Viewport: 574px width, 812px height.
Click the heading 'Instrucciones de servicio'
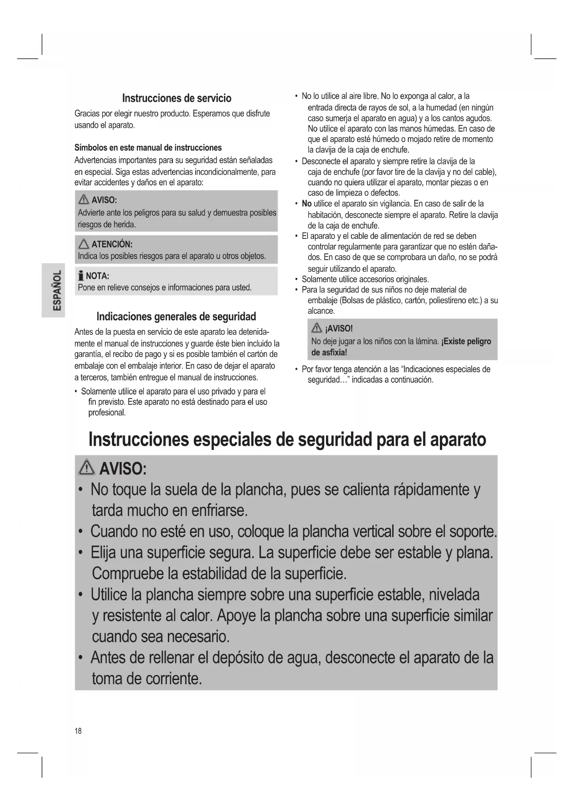[x=176, y=98]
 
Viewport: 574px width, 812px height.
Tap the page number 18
[x=78, y=731]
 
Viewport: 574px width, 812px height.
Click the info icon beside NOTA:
[x=81, y=276]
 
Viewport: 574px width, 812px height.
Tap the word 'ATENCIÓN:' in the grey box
[x=112, y=244]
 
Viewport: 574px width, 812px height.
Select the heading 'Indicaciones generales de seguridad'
[x=176, y=317]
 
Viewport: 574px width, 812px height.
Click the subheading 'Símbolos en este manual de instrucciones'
[x=148, y=148]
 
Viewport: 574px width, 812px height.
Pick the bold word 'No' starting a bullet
[x=307, y=204]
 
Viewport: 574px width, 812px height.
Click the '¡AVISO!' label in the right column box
[x=339, y=329]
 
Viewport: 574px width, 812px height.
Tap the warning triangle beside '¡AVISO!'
[x=317, y=329]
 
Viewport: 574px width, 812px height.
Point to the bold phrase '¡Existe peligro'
[x=466, y=342]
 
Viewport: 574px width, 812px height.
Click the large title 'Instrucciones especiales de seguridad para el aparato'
[x=287, y=439]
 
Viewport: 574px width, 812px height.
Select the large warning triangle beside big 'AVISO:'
[x=87, y=469]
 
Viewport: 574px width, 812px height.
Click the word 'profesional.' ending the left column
[x=107, y=413]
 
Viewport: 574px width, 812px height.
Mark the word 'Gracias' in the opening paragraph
[x=86, y=114]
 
